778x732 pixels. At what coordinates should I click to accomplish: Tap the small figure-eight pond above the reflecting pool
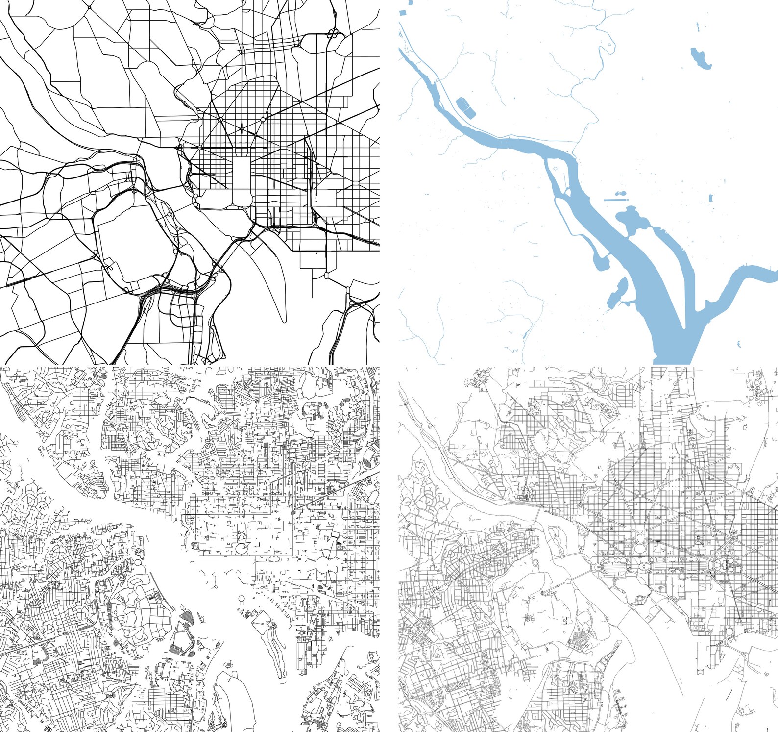(x=620, y=194)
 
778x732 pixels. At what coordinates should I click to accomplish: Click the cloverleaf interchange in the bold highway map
(x=333, y=34)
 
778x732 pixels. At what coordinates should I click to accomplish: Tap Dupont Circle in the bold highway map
(x=220, y=119)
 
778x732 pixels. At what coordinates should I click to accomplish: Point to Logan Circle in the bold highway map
(x=263, y=119)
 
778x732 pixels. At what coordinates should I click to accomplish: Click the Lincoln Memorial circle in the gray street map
(x=597, y=568)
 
